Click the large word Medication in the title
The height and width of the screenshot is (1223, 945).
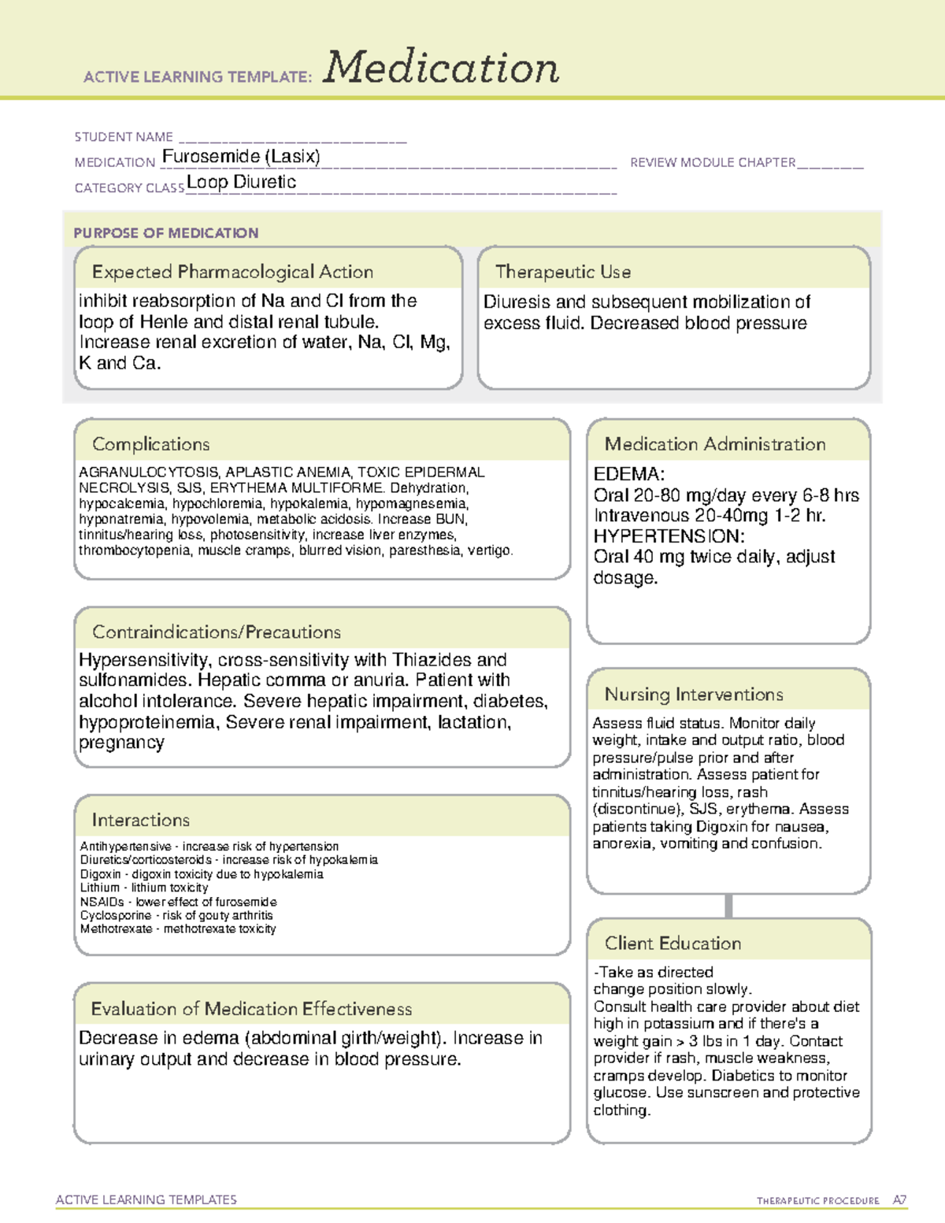point(441,68)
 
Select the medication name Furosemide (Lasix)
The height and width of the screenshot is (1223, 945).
point(241,157)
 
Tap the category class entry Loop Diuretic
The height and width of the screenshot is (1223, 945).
point(241,182)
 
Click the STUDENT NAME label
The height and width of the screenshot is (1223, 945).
point(124,137)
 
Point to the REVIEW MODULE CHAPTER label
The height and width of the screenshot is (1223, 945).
point(713,162)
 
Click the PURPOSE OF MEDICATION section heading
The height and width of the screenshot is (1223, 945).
point(165,233)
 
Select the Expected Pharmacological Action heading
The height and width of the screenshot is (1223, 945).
point(232,272)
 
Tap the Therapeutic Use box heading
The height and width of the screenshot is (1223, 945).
point(562,272)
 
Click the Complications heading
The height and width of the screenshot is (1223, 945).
point(150,444)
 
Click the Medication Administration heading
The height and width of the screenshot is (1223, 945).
point(714,444)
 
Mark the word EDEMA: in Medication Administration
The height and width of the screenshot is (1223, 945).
point(629,474)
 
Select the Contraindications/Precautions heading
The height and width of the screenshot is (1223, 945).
point(217,632)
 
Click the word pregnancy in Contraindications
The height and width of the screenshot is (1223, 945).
point(121,743)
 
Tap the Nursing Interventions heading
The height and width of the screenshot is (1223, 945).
point(693,694)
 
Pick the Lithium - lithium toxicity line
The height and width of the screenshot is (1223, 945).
point(144,888)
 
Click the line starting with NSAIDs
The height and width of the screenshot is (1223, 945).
point(178,902)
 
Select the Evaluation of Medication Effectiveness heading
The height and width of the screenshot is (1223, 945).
point(251,1009)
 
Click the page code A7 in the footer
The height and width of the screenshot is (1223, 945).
point(899,1200)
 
